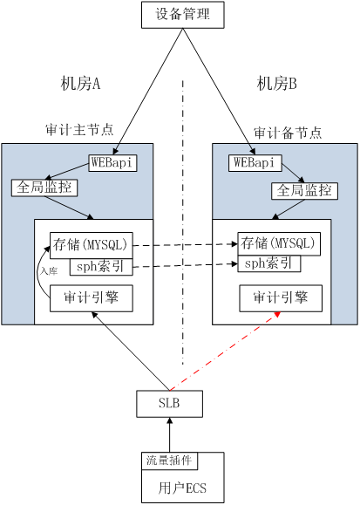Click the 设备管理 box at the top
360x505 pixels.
click(x=183, y=15)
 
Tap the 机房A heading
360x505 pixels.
click(x=80, y=84)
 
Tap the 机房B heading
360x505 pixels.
click(x=277, y=84)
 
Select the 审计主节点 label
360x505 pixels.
click(x=79, y=129)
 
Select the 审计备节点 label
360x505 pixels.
click(x=288, y=133)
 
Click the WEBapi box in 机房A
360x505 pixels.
click(x=112, y=163)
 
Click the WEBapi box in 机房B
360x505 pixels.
click(x=255, y=162)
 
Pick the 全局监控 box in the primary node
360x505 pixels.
click(x=44, y=188)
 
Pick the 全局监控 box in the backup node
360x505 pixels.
click(x=304, y=191)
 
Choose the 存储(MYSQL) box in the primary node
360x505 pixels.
click(x=92, y=245)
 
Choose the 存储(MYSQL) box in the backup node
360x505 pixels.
click(x=279, y=243)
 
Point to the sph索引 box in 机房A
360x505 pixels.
click(x=101, y=267)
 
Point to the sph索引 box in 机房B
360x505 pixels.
click(x=269, y=263)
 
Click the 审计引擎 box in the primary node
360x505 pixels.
click(x=92, y=298)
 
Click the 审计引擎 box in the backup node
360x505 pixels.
click(x=281, y=298)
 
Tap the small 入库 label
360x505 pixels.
click(x=49, y=271)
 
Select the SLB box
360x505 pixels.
click(x=170, y=404)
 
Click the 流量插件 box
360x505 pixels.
click(x=170, y=461)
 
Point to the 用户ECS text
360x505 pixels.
click(x=182, y=488)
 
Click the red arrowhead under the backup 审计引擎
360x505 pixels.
click(x=277, y=313)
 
